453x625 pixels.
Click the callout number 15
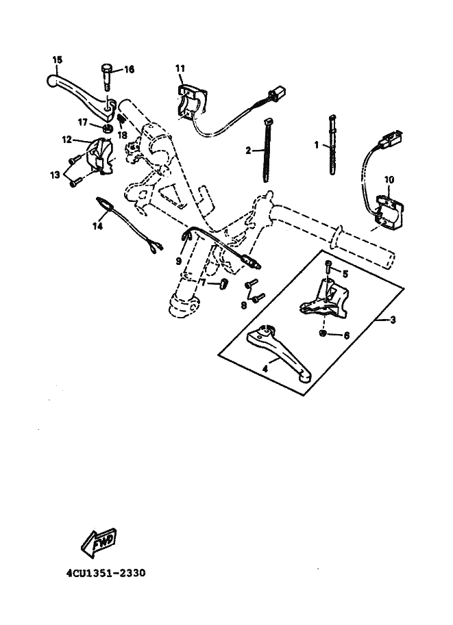(56, 60)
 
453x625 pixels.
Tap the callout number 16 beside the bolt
(130, 69)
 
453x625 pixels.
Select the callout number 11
(180, 68)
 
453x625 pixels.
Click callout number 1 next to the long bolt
(317, 145)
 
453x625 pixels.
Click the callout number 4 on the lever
(264, 368)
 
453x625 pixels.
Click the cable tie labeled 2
(267, 157)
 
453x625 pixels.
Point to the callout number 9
(179, 261)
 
